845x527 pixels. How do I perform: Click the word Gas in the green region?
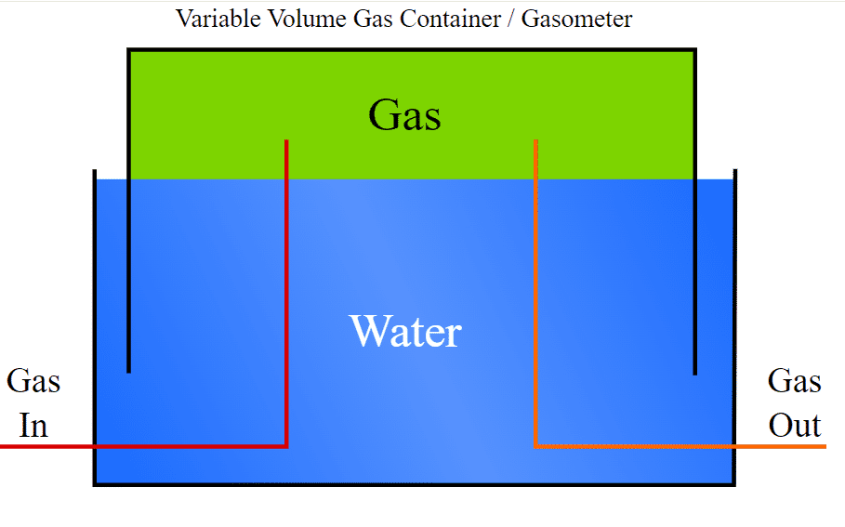click(404, 116)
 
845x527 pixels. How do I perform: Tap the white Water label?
click(405, 331)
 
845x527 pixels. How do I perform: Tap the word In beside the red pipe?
click(33, 426)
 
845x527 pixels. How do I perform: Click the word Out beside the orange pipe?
click(795, 426)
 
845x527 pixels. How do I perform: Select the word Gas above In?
click(33, 381)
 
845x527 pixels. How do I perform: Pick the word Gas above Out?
click(795, 381)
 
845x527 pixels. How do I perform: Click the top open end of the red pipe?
click(286, 141)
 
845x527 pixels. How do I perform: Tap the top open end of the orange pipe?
click(535, 141)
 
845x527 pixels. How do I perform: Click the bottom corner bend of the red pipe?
click(286, 446)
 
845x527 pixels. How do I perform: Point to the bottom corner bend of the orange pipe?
click(536, 446)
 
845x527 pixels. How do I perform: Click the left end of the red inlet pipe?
click(3, 446)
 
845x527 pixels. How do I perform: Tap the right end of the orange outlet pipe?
click(825, 446)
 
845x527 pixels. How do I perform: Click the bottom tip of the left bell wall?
click(128, 372)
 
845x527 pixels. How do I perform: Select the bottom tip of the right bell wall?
click(694, 373)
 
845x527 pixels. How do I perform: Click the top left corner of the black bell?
click(129, 50)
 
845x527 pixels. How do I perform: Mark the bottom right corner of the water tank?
click(734, 483)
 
